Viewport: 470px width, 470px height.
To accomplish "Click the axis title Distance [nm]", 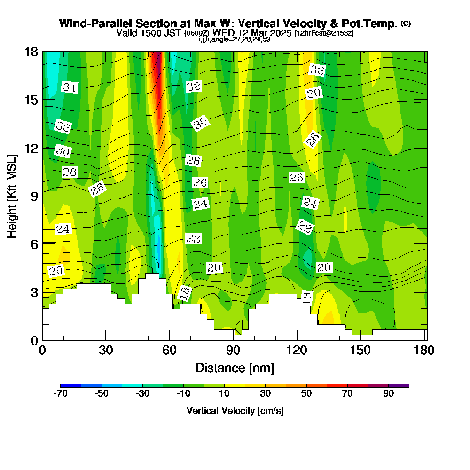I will [x=235, y=368].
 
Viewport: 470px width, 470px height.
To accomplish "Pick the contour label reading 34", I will [x=70, y=87].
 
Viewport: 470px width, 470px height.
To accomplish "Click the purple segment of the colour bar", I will [x=399, y=385].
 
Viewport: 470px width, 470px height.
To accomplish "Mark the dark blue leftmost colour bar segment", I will [x=71, y=385].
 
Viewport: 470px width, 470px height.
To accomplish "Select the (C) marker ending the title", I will [x=406, y=23].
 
